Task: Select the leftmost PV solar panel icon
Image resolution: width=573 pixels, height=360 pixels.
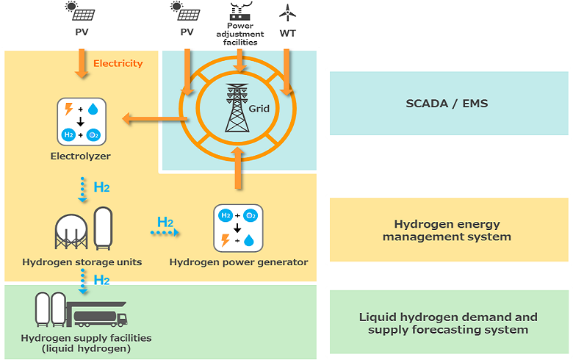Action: [x=81, y=12]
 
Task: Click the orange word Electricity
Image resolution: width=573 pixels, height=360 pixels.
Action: [x=118, y=63]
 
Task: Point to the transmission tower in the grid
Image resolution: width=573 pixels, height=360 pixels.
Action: [x=237, y=108]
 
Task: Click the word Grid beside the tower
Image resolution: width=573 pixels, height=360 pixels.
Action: [x=259, y=109]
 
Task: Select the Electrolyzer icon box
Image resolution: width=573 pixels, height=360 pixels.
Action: [x=82, y=121]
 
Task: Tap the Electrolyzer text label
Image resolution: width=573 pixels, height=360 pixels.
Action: [x=81, y=156]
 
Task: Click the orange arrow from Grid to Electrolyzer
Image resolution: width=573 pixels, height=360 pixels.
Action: [x=151, y=118]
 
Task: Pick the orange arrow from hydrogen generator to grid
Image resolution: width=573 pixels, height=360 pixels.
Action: [x=237, y=168]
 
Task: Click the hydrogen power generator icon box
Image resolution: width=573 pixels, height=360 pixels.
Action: [x=238, y=228]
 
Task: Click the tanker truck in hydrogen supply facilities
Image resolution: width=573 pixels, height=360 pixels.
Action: [x=99, y=316]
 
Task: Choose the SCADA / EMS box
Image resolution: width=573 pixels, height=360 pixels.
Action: [x=447, y=104]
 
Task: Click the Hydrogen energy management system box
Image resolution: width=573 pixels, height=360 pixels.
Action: [x=448, y=230]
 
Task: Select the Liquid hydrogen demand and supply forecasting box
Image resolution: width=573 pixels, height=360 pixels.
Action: [x=448, y=323]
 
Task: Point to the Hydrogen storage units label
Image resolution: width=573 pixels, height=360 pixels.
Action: [x=82, y=262]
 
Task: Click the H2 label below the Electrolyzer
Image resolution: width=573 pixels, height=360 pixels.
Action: [x=101, y=187]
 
